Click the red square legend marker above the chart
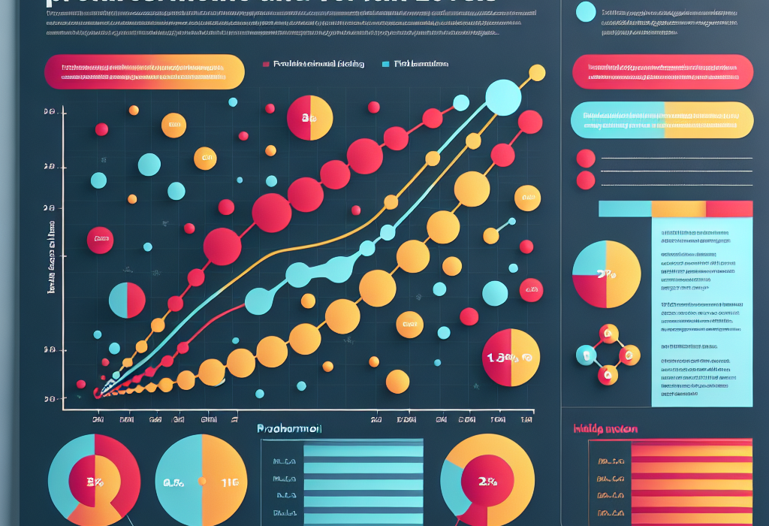[x=265, y=65]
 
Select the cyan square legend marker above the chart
[x=385, y=65]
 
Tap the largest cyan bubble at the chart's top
[x=503, y=96]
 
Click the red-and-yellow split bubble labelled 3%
[x=309, y=118]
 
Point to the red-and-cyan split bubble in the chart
[x=127, y=298]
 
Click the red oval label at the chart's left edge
[x=98, y=241]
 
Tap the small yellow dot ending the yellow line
[x=537, y=73]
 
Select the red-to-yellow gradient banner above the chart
[x=144, y=73]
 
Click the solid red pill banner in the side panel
[x=662, y=72]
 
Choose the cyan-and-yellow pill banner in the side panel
[x=662, y=120]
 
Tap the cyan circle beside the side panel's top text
[x=585, y=11]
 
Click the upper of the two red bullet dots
[x=585, y=158]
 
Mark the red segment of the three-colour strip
[x=729, y=209]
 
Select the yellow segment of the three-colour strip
[x=678, y=209]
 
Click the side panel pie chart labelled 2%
[x=607, y=275]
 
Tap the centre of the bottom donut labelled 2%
[x=489, y=481]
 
